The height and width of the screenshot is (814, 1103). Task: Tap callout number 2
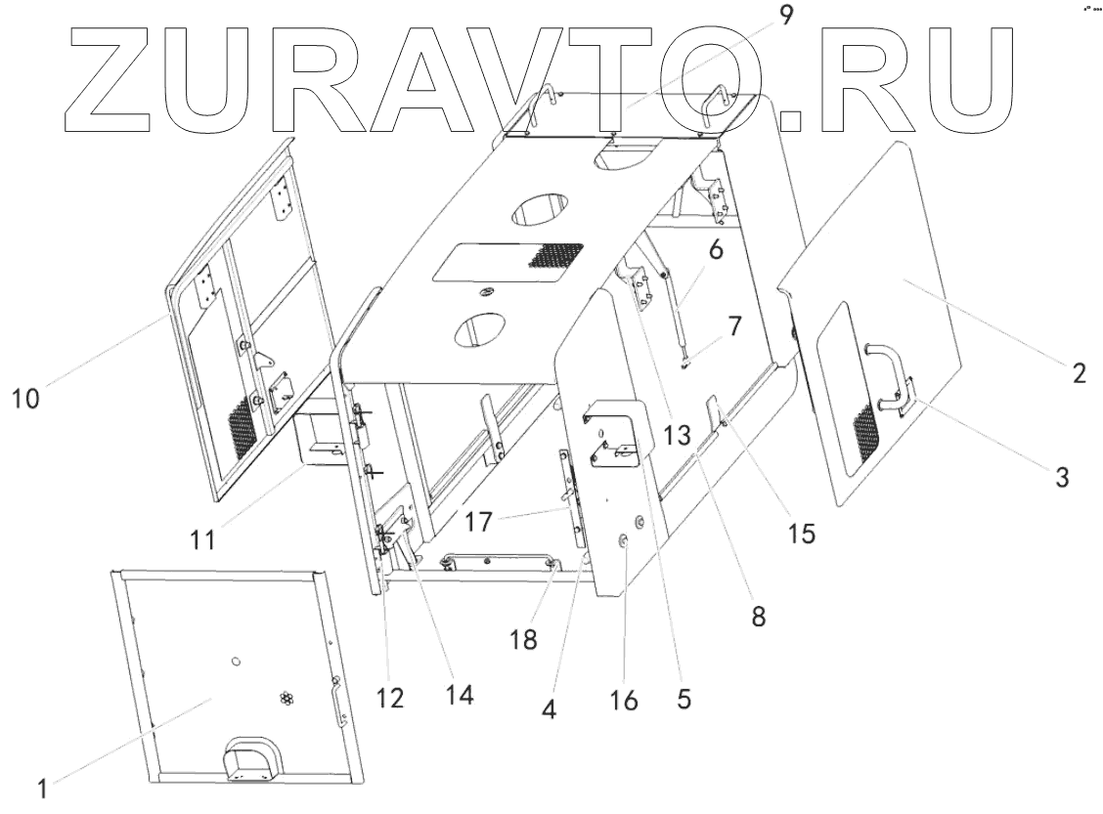(1079, 372)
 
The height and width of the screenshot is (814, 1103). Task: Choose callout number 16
(623, 699)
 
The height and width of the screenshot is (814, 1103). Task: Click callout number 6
(716, 251)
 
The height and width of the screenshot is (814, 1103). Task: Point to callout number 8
(758, 617)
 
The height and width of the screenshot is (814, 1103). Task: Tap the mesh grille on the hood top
(554, 255)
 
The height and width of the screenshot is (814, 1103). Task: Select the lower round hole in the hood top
(477, 331)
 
